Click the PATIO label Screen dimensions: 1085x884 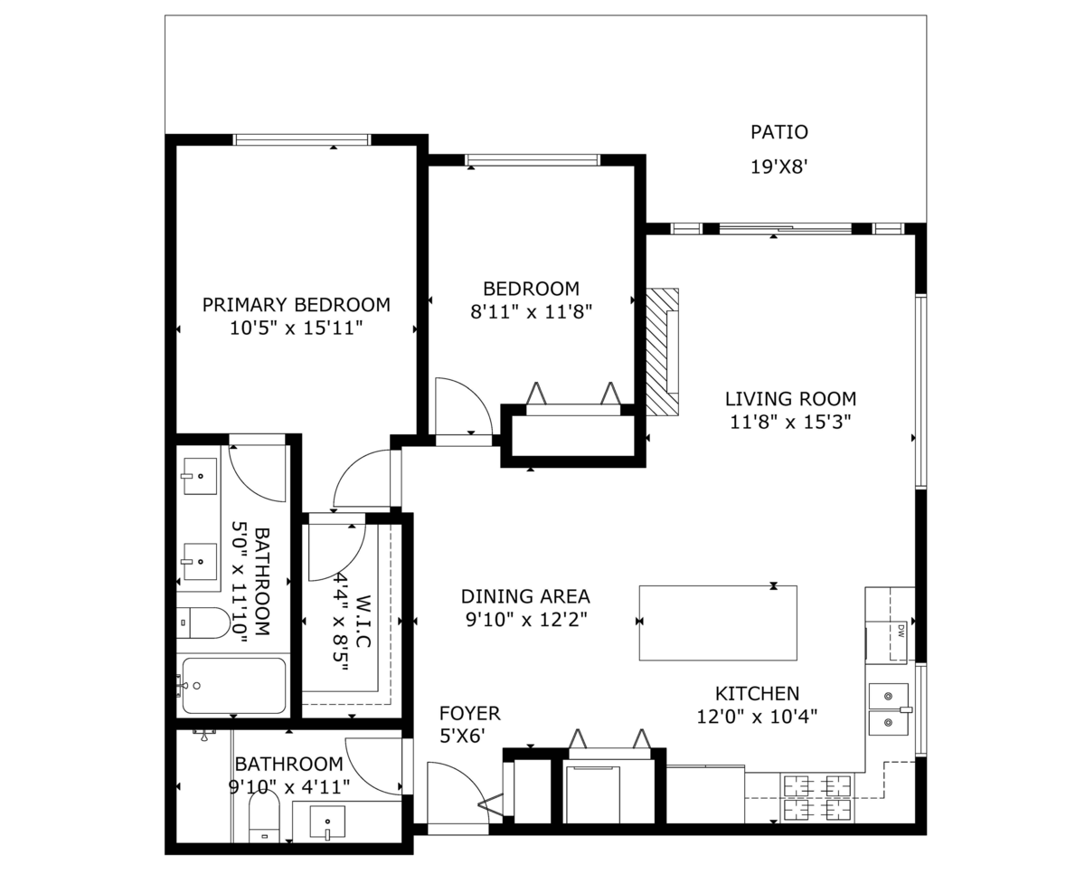pos(778,132)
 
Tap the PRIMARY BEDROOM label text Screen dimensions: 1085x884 pos(296,305)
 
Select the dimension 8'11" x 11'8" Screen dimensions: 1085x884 pos(531,311)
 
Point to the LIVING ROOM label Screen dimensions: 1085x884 pos(790,399)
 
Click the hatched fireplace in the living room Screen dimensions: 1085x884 pos(662,352)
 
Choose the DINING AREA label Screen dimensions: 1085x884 pos(525,596)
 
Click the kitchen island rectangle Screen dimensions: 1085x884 pos(718,623)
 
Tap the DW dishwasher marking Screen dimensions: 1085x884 pos(901,632)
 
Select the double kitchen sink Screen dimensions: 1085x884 pos(889,709)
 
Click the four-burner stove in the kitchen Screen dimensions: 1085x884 pos(817,797)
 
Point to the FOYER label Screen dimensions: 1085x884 pos(469,713)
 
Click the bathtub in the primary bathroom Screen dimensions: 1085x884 pos(234,685)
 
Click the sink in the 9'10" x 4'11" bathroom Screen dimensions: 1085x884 pos(327,822)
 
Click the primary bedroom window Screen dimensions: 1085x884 pos(302,139)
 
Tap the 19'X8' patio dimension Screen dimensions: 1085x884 pos(779,166)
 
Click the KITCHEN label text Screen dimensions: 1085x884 pos(757,693)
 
